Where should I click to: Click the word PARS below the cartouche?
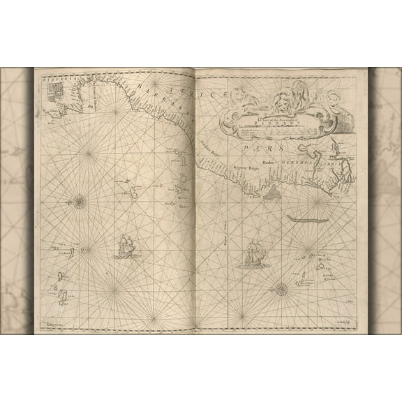(x=268, y=147)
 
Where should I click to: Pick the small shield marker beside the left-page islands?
(x=82, y=251)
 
